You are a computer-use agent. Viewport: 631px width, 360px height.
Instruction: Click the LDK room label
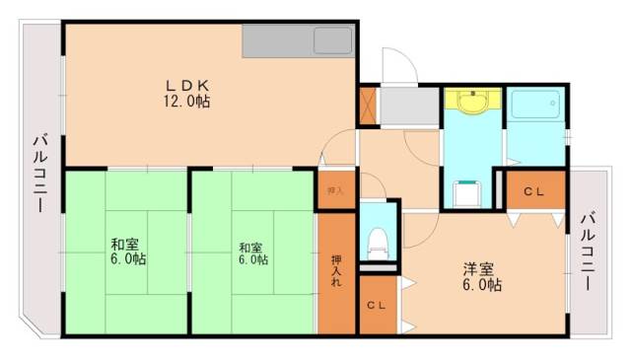(x=185, y=85)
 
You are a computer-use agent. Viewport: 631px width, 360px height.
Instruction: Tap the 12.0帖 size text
(x=185, y=102)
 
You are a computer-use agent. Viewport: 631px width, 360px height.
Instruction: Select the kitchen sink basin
(x=332, y=42)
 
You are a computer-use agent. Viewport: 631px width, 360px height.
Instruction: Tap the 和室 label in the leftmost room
(x=124, y=244)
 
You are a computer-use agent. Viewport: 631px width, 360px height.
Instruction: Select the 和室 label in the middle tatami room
(x=250, y=246)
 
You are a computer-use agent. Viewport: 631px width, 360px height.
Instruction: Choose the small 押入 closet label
(x=335, y=190)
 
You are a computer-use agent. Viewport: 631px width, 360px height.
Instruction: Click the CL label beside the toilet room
(x=376, y=306)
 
